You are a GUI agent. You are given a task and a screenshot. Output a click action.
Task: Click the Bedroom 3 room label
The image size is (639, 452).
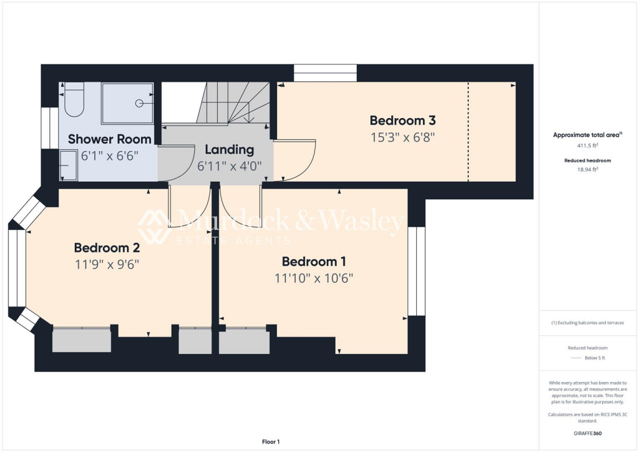coord(402,120)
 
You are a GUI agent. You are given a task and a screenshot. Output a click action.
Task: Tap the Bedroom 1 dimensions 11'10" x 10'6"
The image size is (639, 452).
coord(314,278)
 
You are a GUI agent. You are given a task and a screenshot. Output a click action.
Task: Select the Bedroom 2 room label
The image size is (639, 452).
coord(106,247)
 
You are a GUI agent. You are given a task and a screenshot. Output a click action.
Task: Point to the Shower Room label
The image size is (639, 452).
coord(109,139)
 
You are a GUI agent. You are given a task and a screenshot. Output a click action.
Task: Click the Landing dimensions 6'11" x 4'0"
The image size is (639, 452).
coord(230,166)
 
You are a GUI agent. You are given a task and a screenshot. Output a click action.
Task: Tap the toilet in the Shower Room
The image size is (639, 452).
coord(73,100)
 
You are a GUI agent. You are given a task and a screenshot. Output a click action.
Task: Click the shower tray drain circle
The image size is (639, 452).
coord(140,103)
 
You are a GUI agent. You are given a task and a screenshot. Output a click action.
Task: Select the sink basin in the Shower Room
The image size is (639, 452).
coord(69,167)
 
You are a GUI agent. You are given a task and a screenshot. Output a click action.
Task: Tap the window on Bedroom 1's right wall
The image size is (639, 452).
coord(416,271)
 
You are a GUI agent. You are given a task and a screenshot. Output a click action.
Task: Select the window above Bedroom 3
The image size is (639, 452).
coord(325,73)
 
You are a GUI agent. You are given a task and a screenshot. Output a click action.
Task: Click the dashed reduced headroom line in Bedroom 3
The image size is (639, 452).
coord(468,131)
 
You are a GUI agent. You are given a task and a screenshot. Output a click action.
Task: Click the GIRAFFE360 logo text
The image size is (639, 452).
coord(588,433)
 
